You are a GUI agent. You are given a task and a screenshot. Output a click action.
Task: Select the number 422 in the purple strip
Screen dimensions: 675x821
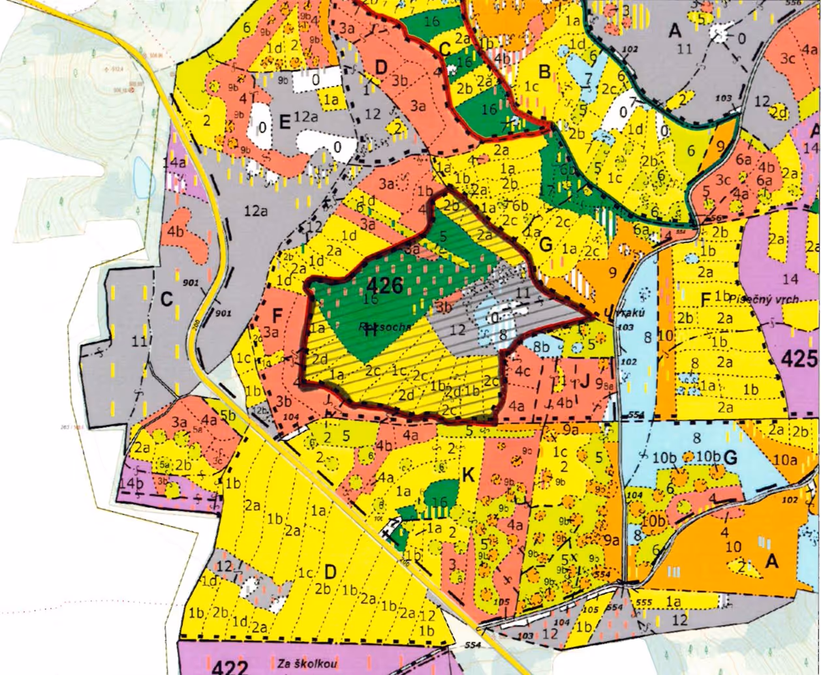click(230, 667)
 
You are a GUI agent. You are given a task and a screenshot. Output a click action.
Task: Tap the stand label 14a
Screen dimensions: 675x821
click(179, 162)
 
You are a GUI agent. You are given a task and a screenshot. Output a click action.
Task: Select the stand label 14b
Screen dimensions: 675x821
click(131, 483)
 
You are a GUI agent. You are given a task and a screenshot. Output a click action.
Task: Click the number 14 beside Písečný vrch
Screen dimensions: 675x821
click(790, 279)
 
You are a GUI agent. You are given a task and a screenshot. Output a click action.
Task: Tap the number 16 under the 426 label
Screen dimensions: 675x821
click(371, 299)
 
